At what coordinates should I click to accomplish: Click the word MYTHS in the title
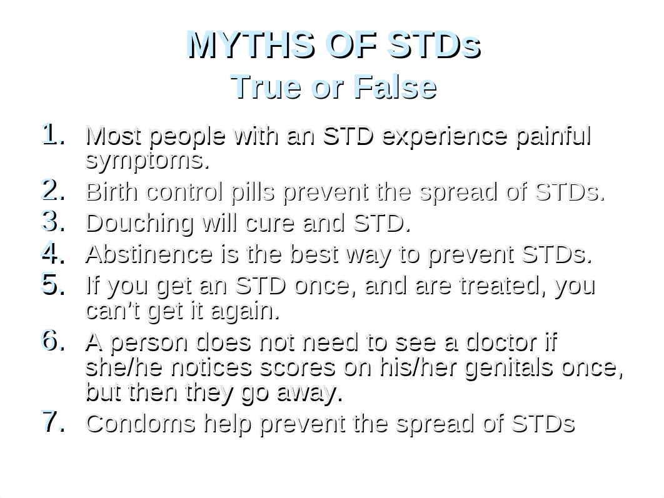[251, 44]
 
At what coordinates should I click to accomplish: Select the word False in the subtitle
[395, 87]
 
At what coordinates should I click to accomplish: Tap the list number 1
[53, 134]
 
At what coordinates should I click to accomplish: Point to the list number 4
[53, 252]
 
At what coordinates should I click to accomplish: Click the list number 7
[53, 421]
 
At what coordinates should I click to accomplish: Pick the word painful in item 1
[553, 137]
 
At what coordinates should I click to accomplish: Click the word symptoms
[148, 161]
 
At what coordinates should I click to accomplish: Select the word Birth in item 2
[112, 191]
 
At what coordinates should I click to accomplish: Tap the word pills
[253, 192]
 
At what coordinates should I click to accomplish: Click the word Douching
[139, 223]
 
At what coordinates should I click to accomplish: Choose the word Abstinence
[149, 254]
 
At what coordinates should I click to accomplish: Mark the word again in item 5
[245, 312]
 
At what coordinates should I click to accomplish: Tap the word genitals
[508, 367]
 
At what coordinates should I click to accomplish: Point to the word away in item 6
[309, 393]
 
